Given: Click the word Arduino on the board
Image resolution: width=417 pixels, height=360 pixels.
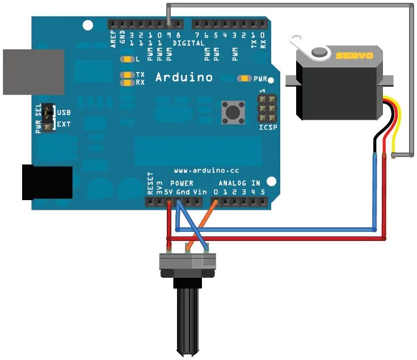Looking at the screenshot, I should coord(184,77).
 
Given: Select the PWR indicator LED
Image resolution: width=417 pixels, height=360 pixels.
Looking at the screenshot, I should coord(245,78).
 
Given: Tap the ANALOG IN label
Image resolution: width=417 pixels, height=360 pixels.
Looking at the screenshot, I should coord(240,183).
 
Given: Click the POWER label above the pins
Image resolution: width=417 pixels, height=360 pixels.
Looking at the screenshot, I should coord(182,183).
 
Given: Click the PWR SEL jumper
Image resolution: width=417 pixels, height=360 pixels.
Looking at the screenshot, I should coord(48,117).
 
